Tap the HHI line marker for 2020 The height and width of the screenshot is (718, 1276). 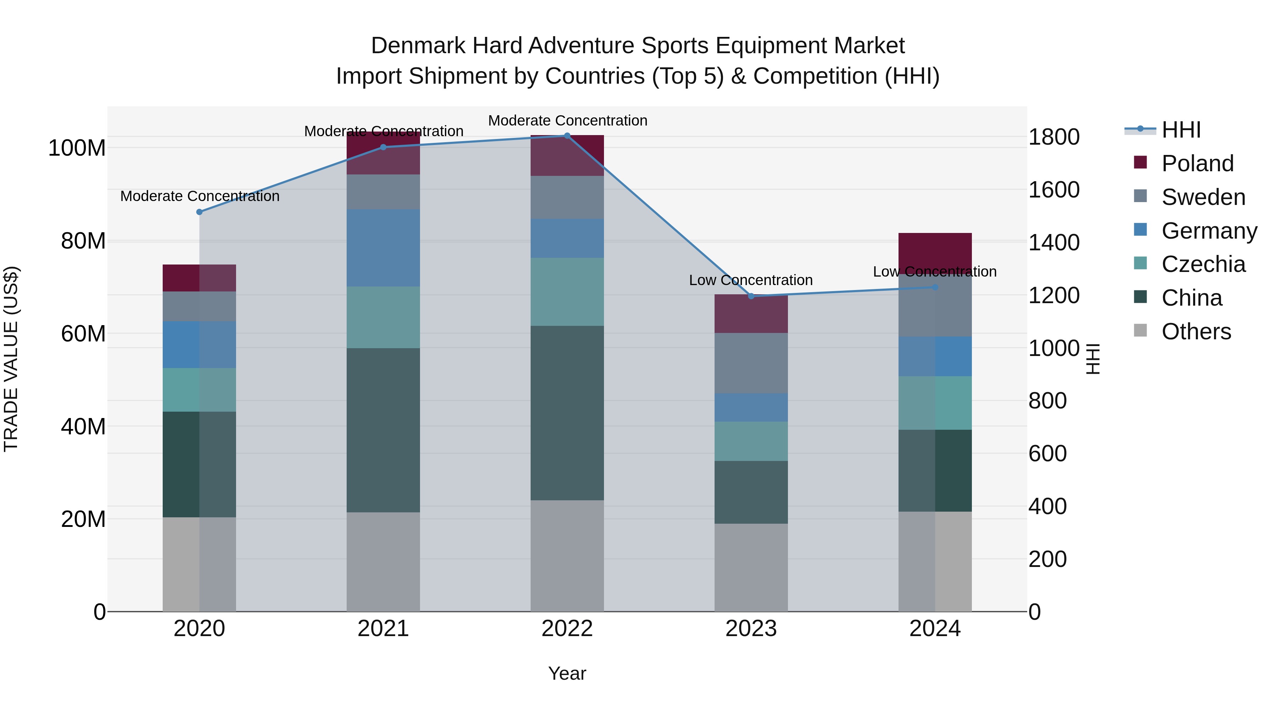pyautogui.click(x=200, y=212)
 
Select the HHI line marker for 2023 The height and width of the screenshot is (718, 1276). pyautogui.click(x=751, y=296)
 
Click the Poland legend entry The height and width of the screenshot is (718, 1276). pyautogui.click(x=1197, y=163)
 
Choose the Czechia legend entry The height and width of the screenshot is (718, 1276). pyautogui.click(x=1203, y=264)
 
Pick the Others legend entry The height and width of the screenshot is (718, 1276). pyautogui.click(x=1196, y=332)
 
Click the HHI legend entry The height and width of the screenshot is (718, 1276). pyautogui.click(x=1181, y=130)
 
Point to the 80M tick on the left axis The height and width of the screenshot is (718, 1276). pyautogui.click(x=83, y=241)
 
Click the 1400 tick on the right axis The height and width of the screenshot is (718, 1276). pyautogui.click(x=1054, y=243)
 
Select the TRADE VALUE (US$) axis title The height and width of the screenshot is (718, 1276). pyautogui.click(x=11, y=359)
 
